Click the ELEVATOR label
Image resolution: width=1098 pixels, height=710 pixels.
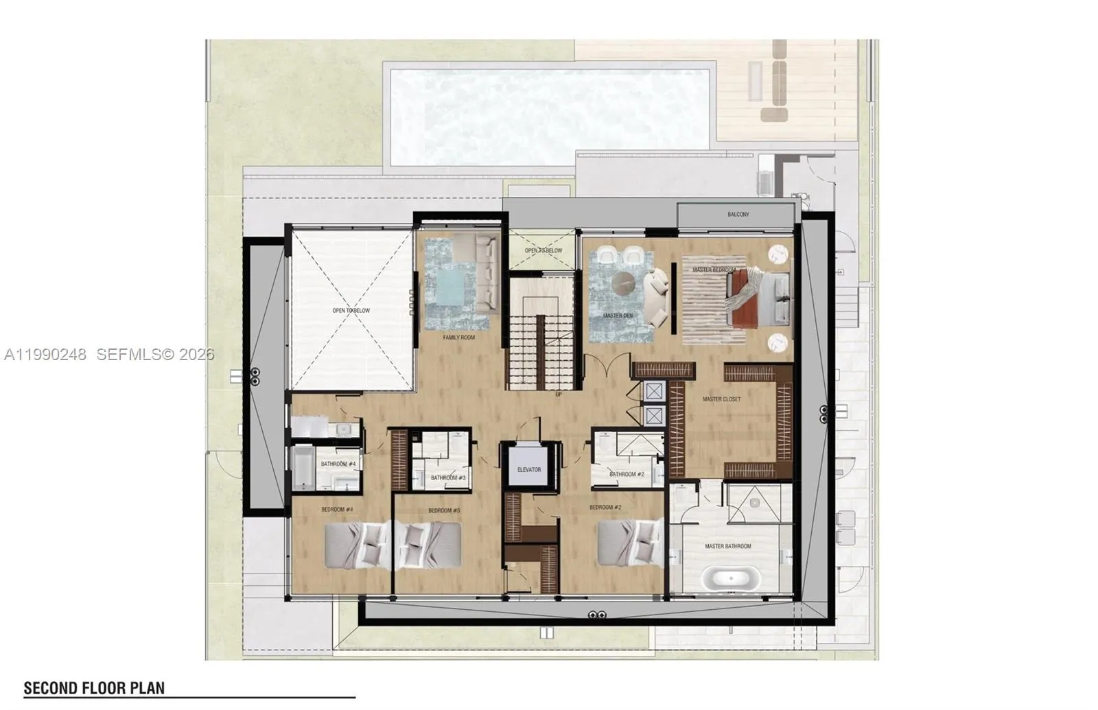click(x=529, y=470)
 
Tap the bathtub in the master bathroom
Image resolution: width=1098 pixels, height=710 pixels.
click(x=734, y=578)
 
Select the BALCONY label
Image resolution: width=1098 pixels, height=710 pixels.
click(x=738, y=215)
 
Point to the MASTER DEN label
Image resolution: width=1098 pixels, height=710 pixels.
click(x=618, y=316)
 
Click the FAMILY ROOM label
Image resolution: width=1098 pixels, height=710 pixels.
click(x=458, y=338)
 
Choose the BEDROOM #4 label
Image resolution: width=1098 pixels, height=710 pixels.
click(x=337, y=510)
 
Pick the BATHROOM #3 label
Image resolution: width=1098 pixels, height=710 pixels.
click(x=448, y=478)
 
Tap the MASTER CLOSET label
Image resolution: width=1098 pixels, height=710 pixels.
click(x=721, y=399)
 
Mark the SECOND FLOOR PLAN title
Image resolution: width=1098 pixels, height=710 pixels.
click(x=94, y=688)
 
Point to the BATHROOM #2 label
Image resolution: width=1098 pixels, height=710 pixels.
click(x=627, y=474)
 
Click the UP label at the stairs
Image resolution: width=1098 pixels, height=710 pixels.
click(x=558, y=394)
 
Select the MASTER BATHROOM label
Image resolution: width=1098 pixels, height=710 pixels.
click(x=727, y=547)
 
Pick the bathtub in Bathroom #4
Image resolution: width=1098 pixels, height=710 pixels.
click(x=302, y=469)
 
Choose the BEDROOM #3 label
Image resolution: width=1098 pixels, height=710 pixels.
click(x=443, y=510)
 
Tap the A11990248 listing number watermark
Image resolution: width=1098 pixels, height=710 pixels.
click(x=45, y=355)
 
